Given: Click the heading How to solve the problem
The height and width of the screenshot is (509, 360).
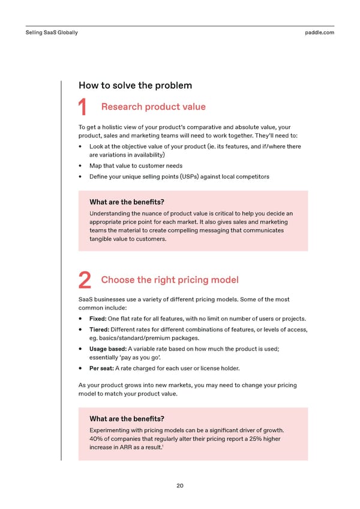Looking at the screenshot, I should coord(135,85).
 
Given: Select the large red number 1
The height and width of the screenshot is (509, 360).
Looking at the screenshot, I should coord(84,109).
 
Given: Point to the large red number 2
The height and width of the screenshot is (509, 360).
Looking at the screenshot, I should coord(85,281).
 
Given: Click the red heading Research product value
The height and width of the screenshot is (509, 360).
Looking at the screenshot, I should coord(153,107).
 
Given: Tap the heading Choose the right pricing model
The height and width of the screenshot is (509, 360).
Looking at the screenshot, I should coord(170,280).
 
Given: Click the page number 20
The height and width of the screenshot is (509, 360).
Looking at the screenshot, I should coord(180,486).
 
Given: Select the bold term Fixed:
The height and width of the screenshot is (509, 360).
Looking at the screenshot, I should coord(98,319).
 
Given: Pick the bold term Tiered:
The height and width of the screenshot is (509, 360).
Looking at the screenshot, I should coord(99,330).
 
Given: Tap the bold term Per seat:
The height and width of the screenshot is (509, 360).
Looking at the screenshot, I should coord(101,369).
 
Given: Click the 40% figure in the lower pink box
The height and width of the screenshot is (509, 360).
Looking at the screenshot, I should coord(97,439).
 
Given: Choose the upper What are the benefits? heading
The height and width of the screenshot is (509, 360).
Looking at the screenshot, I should coord(127,202).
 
